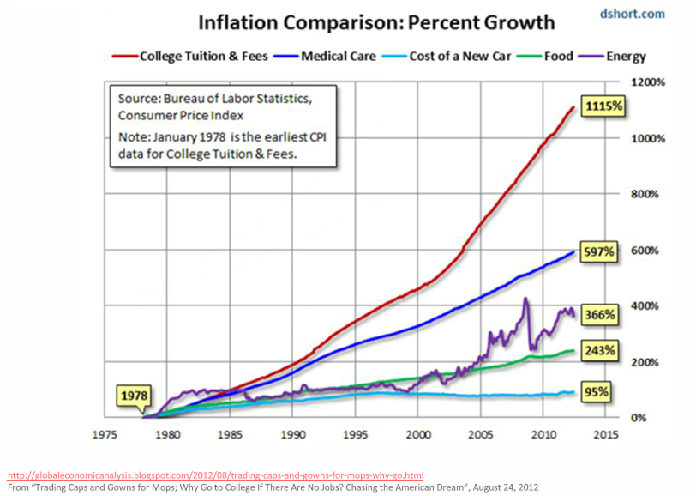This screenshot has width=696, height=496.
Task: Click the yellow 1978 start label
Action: coord(135,397)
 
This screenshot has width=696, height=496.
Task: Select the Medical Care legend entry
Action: coord(331,57)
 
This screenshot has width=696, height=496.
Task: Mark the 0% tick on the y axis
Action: coord(640,418)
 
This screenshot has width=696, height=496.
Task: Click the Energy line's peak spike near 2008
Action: coord(525,299)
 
